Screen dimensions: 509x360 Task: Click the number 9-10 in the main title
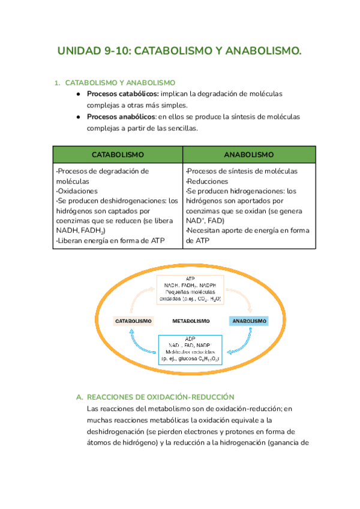pyautogui.click(x=116, y=52)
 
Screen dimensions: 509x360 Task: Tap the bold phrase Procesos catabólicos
pyautogui.click(x=123, y=94)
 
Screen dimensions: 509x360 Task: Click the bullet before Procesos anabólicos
pyautogui.click(x=78, y=116)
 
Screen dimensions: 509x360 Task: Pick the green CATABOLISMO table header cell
pyautogui.click(x=118, y=154)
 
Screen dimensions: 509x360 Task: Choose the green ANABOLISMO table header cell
pyautogui.click(x=249, y=154)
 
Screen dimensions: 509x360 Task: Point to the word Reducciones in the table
pyautogui.click(x=208, y=181)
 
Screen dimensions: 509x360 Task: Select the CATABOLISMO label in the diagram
pyautogui.click(x=133, y=321)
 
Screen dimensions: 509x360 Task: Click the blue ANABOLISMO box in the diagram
pyautogui.click(x=248, y=321)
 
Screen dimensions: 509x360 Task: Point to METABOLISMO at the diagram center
pyautogui.click(x=190, y=321)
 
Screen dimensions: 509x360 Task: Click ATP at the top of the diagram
pyautogui.click(x=190, y=279)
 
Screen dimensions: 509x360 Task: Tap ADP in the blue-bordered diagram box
pyautogui.click(x=190, y=339)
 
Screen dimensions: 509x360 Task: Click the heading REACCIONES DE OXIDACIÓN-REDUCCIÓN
pyautogui.click(x=160, y=381)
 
